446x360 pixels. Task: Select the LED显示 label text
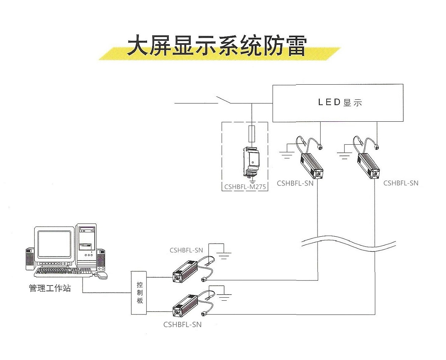click(x=340, y=102)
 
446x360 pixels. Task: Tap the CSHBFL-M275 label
click(x=245, y=187)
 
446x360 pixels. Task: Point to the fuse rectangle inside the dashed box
click(x=252, y=134)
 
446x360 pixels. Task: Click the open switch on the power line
click(x=223, y=100)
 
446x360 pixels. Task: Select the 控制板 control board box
click(x=139, y=293)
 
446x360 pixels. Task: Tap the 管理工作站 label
click(x=50, y=288)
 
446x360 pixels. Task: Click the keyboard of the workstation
click(x=63, y=272)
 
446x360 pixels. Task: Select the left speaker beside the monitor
click(x=30, y=259)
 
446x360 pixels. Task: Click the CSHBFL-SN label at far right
click(x=401, y=183)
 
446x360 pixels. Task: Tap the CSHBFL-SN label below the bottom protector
click(x=182, y=324)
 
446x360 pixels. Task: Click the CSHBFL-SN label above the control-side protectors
click(x=186, y=250)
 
